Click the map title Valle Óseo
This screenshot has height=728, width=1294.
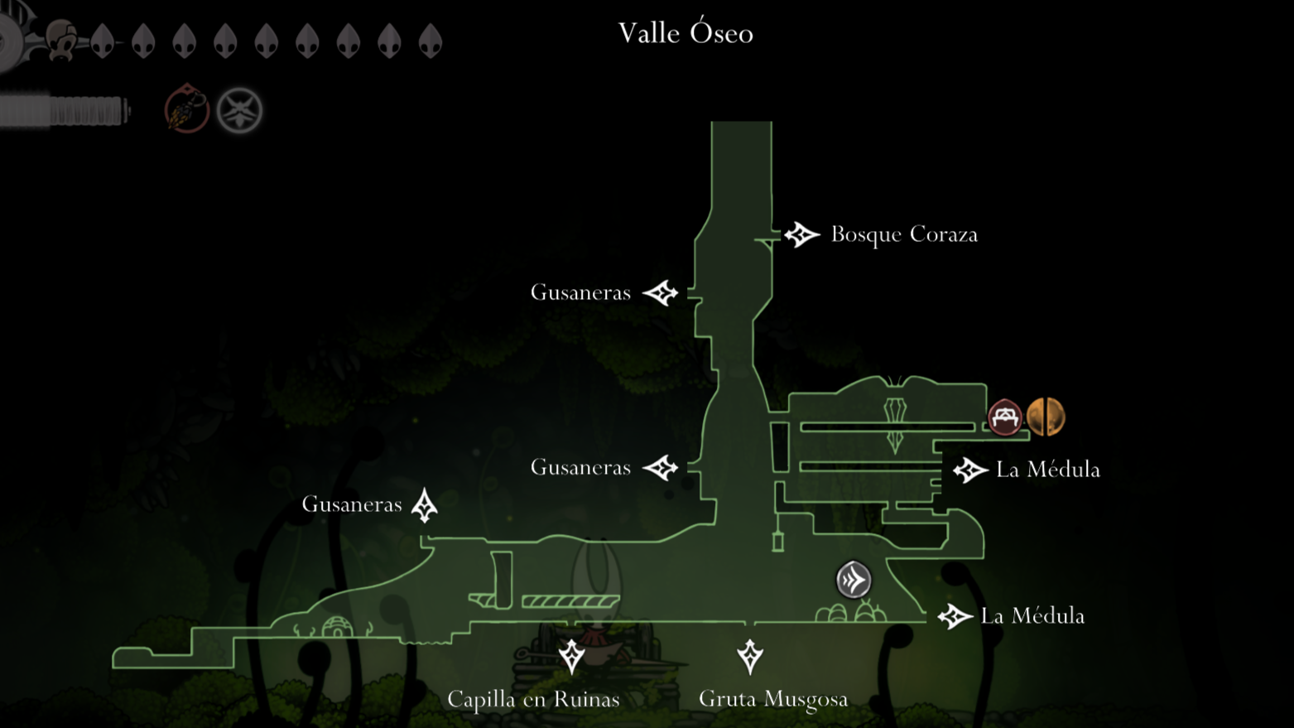(x=685, y=33)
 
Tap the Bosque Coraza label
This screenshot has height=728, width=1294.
(x=904, y=234)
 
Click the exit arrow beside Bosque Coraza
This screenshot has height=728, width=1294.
(x=801, y=235)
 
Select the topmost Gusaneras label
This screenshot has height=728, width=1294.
(x=580, y=292)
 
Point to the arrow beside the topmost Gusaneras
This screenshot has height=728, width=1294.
(x=661, y=292)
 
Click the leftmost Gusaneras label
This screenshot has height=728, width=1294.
(x=352, y=504)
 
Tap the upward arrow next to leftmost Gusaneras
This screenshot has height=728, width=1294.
(x=425, y=505)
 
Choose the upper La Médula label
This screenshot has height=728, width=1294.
(x=1048, y=470)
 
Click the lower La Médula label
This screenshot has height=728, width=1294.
(x=1032, y=616)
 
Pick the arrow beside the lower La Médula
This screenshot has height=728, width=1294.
(x=955, y=616)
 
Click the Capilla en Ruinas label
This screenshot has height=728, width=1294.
(x=533, y=699)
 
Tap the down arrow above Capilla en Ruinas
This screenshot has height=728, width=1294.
(x=571, y=656)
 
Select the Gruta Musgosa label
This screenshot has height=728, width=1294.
(x=773, y=699)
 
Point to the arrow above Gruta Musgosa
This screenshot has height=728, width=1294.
(x=750, y=656)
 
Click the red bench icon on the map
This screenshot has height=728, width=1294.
(x=1005, y=417)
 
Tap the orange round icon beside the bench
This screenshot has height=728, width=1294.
(x=1045, y=417)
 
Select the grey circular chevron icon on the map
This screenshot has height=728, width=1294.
(x=854, y=580)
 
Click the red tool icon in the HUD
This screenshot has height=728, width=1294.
(x=186, y=109)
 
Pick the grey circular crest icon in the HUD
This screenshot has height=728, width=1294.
(x=240, y=110)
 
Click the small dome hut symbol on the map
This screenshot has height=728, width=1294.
(x=337, y=627)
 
